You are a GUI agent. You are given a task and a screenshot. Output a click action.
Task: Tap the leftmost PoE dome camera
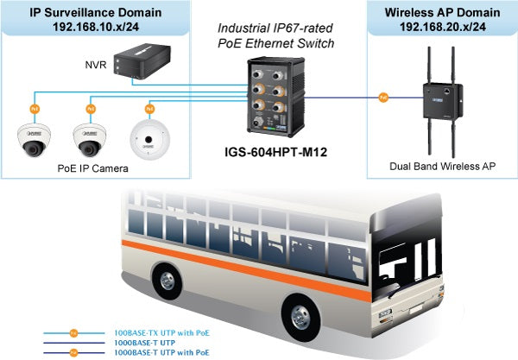pos(34,140)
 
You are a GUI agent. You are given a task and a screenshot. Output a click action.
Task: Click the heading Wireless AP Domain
pos(441,13)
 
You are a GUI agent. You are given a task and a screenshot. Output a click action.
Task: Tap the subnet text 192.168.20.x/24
pos(441,28)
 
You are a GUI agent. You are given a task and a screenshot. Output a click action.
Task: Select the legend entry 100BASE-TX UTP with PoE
pos(161,332)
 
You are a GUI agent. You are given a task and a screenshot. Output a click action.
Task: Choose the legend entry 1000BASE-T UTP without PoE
pos(146,342)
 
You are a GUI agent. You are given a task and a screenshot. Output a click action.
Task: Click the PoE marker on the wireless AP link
pos(382,98)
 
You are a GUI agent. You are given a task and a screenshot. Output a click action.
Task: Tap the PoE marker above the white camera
pos(149,109)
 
